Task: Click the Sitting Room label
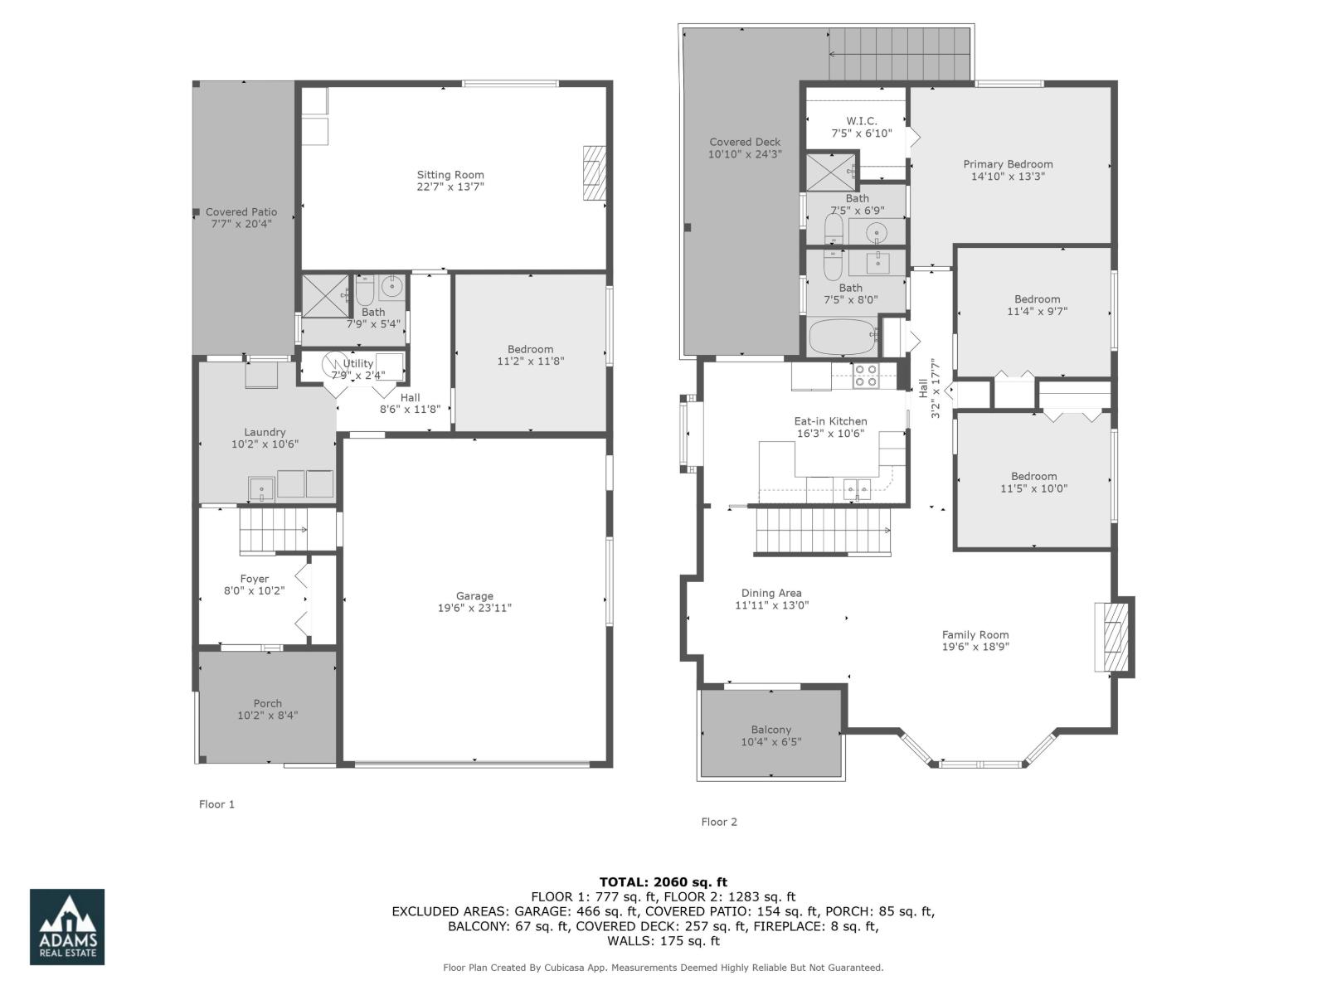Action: [x=450, y=175]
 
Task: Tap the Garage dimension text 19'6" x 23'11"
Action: [x=474, y=608]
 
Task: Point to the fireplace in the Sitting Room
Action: [x=594, y=172]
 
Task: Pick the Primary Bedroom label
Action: [x=1008, y=164]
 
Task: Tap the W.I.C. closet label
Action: [x=862, y=121]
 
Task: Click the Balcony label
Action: [x=771, y=730]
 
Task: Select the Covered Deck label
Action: [x=745, y=142]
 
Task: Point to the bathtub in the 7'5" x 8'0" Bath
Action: [x=843, y=338]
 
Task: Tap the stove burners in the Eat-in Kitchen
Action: [x=866, y=376]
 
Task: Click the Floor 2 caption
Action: [x=719, y=822]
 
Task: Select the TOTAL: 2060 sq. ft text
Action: [x=663, y=881]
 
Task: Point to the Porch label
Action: [x=267, y=703]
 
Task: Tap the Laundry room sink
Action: [x=262, y=488]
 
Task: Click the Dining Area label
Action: [x=771, y=593]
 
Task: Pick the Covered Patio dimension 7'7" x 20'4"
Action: [x=241, y=224]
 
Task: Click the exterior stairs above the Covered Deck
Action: [x=900, y=53]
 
